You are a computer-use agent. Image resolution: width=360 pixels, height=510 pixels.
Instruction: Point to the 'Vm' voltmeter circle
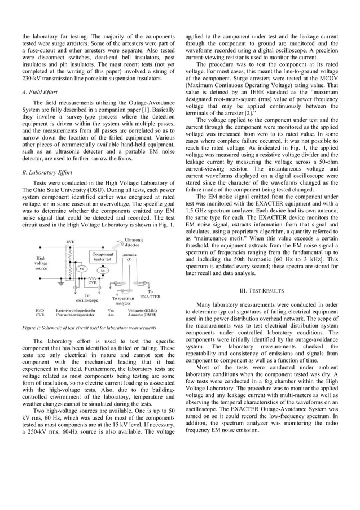[x=82, y=269]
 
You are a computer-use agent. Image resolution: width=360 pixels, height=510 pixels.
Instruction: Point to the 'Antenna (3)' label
[x=129, y=256]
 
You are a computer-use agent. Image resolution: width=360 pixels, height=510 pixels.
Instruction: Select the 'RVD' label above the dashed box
[x=70, y=242]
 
